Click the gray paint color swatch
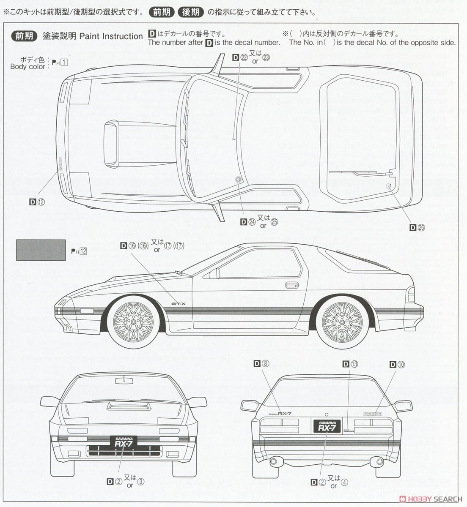click(41, 250)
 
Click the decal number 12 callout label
click(37, 202)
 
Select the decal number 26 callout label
click(417, 227)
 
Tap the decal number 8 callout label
click(262, 364)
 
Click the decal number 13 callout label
click(350, 364)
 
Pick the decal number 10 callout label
click(397, 364)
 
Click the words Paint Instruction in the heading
click(111, 36)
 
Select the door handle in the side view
click(292, 284)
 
